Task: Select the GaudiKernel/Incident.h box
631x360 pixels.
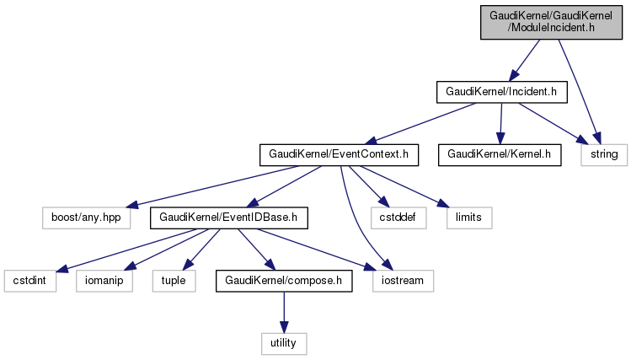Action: (501, 91)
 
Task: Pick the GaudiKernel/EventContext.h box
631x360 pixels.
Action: (339, 154)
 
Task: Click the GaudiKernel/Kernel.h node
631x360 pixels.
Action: (499, 154)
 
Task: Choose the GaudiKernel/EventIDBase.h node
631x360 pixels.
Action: (228, 218)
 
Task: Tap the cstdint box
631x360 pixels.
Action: (30, 280)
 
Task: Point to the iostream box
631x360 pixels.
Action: (404, 280)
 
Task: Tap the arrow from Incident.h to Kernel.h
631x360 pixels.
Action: (500, 123)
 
